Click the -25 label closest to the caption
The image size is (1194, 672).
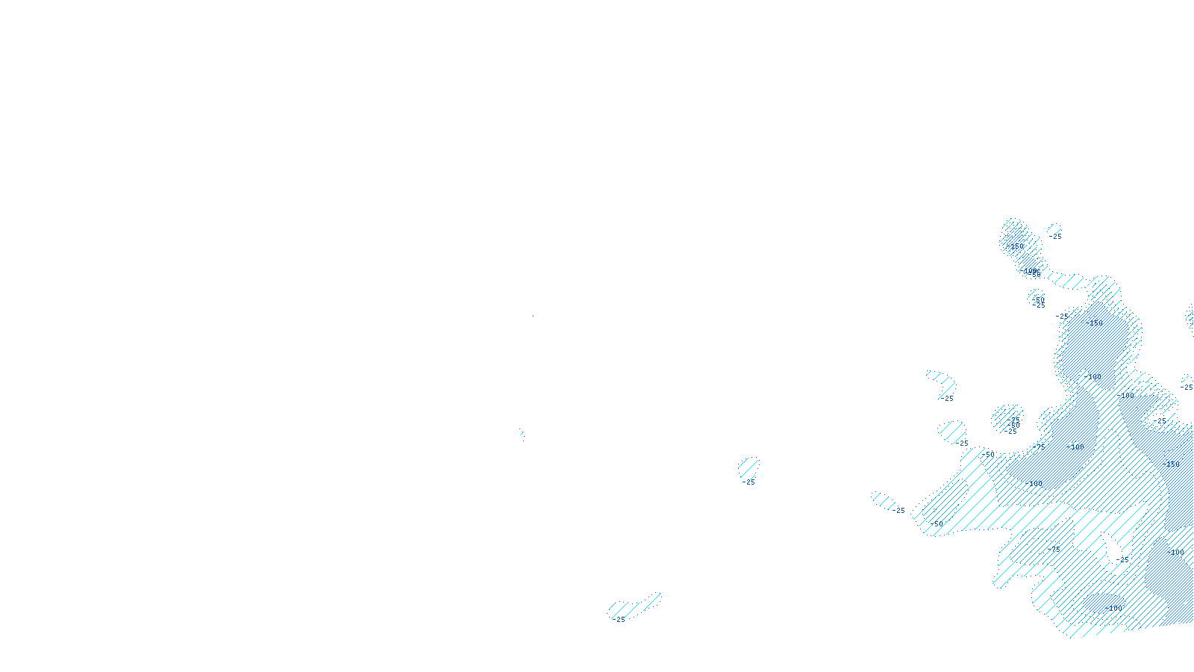tap(619, 620)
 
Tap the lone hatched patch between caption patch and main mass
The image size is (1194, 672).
tap(748, 468)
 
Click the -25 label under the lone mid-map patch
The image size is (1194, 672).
tap(748, 482)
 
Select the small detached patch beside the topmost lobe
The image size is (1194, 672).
tap(1054, 228)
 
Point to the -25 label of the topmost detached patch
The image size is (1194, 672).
tap(1055, 237)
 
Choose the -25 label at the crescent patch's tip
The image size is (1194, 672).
tap(947, 399)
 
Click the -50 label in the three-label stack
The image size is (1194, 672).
tap(1013, 426)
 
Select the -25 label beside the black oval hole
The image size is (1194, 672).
tap(1124, 559)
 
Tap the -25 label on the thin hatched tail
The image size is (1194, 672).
tap(899, 511)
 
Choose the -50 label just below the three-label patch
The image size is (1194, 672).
tap(989, 454)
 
